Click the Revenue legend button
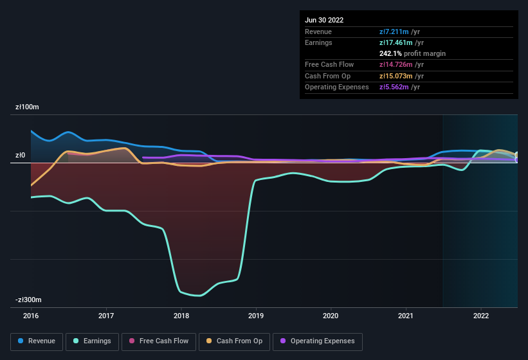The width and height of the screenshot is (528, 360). [37, 341]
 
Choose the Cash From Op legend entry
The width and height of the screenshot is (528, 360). [234, 341]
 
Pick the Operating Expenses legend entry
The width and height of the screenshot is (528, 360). [317, 341]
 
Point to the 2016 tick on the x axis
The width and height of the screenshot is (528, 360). [31, 316]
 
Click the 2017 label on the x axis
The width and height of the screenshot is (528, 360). [106, 316]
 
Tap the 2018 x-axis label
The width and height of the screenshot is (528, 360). [181, 316]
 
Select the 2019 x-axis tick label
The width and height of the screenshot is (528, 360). [256, 316]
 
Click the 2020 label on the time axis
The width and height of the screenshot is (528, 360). [331, 316]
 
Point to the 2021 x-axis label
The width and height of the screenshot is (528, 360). [406, 316]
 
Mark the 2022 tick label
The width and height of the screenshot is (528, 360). [481, 316]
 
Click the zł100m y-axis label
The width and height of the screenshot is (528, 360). [27, 107]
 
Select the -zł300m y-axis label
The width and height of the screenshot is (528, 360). [29, 300]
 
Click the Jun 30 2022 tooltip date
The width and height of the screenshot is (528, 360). [324, 20]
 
